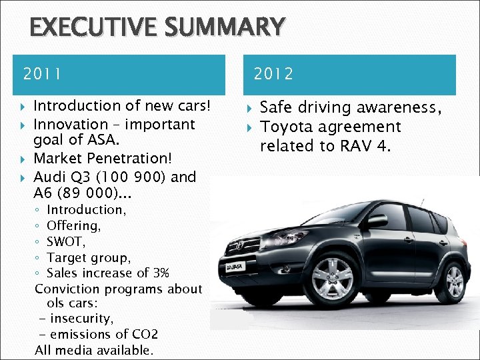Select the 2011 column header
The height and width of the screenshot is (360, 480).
click(x=41, y=74)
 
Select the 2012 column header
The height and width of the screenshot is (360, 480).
click(x=273, y=74)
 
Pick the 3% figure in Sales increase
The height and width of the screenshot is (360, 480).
click(x=161, y=273)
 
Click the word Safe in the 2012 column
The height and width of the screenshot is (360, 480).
click(x=275, y=107)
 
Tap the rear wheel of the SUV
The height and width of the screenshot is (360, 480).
click(x=454, y=280)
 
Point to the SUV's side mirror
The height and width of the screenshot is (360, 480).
click(x=377, y=221)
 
